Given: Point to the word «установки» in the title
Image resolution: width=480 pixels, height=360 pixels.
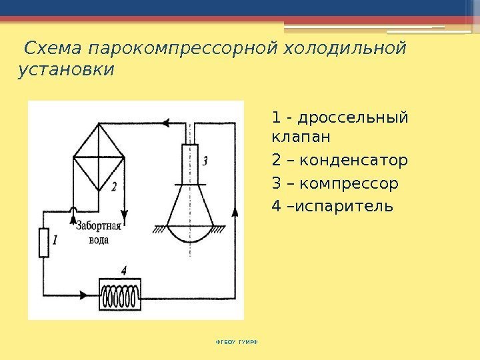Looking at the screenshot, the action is (x=65, y=70).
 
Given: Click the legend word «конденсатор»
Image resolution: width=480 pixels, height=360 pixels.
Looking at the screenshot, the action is (x=350, y=160).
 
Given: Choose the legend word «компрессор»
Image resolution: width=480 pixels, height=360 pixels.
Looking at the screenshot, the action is (x=349, y=183).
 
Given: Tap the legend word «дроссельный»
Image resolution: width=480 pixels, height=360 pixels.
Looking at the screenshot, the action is (x=353, y=118).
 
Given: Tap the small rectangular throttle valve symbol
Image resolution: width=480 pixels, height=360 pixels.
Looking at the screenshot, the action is (x=44, y=242).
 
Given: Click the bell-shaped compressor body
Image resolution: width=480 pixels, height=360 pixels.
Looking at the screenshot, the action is (x=189, y=213).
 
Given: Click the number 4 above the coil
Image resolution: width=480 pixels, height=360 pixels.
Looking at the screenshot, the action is (x=124, y=270).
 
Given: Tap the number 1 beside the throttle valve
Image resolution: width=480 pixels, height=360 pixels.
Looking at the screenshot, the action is (x=56, y=238).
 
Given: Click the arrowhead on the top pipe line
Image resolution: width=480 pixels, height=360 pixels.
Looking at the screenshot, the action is (x=166, y=123).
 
